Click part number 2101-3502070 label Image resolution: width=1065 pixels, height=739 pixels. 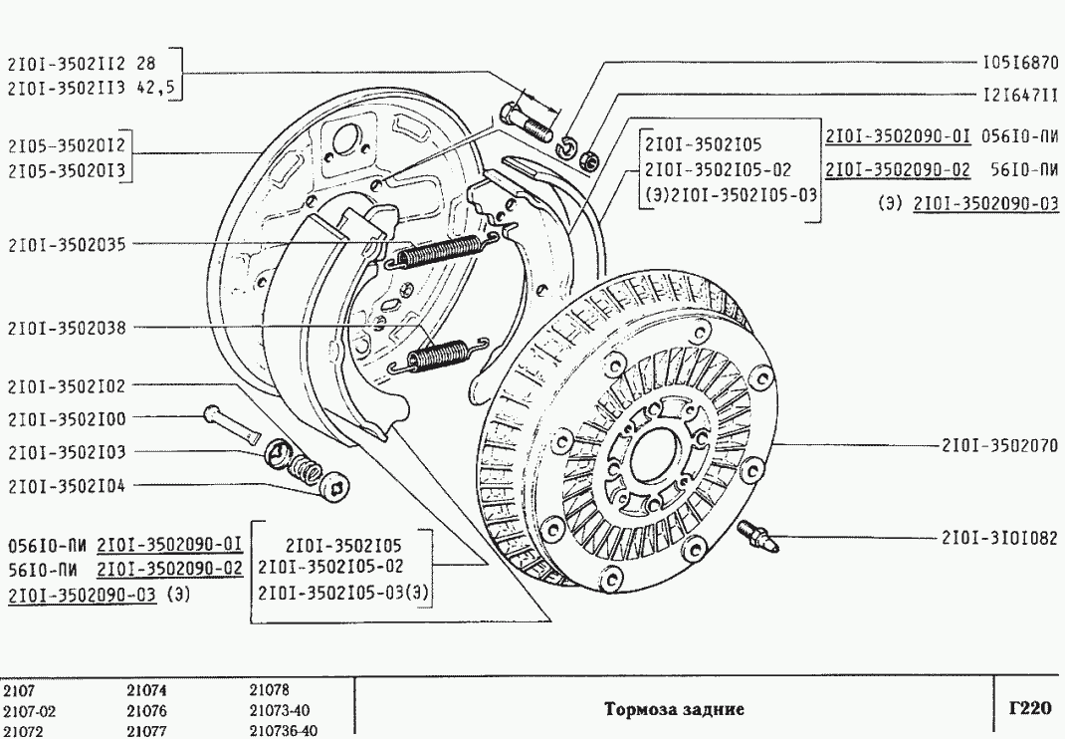point(998,445)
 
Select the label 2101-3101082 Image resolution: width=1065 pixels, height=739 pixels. point(998,538)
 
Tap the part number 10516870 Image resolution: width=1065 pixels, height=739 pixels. point(1019,61)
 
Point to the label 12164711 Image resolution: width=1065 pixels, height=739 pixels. point(1019,98)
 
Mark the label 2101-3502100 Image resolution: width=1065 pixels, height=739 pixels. point(66,419)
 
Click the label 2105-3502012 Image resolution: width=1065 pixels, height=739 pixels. point(66,145)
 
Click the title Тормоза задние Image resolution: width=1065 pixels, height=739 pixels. point(675,710)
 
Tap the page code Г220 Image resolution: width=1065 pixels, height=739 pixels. point(1029,709)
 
